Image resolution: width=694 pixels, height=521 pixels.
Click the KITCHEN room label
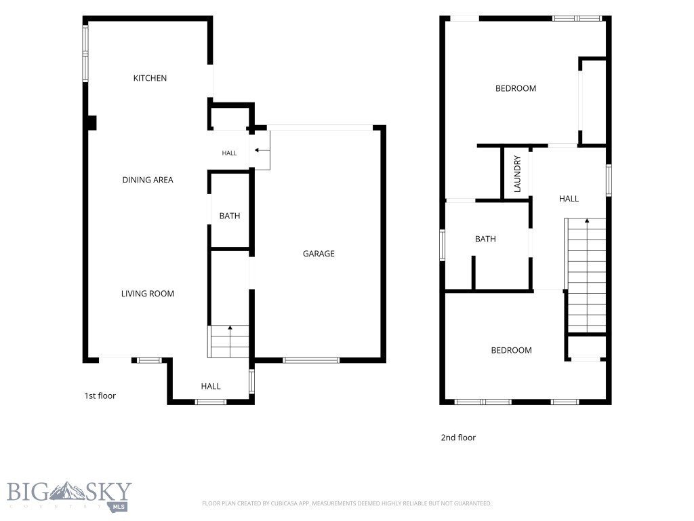(150, 78)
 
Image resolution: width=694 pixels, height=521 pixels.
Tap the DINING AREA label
(148, 180)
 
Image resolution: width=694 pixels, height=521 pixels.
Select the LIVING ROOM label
(148, 294)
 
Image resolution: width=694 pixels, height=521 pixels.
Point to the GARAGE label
(319, 254)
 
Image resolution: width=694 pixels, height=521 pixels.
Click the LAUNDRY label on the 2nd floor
(517, 174)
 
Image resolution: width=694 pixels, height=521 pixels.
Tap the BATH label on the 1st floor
(230, 216)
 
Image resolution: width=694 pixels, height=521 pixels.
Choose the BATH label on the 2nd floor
(485, 239)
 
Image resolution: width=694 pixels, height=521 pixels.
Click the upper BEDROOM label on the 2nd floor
(516, 89)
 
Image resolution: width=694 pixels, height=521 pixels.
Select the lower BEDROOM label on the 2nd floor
(511, 351)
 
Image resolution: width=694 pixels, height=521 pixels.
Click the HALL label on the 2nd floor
(569, 199)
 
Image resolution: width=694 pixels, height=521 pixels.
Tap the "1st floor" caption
(100, 396)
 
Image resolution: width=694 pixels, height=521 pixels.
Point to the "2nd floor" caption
(458, 438)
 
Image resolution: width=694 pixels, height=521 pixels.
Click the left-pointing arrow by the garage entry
(262, 151)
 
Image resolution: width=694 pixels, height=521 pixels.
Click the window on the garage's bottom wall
(311, 360)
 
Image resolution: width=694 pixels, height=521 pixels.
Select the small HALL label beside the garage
(229, 153)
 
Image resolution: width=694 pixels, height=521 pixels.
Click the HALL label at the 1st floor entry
(211, 386)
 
